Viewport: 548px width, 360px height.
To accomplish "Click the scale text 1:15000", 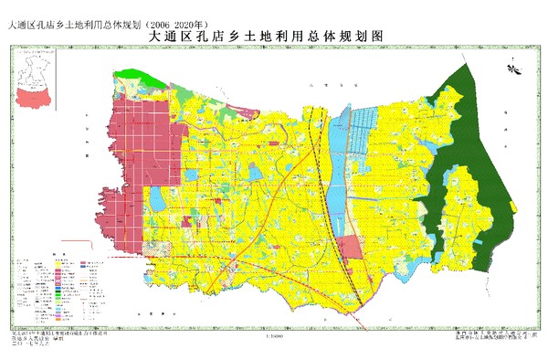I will (x=273, y=335).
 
